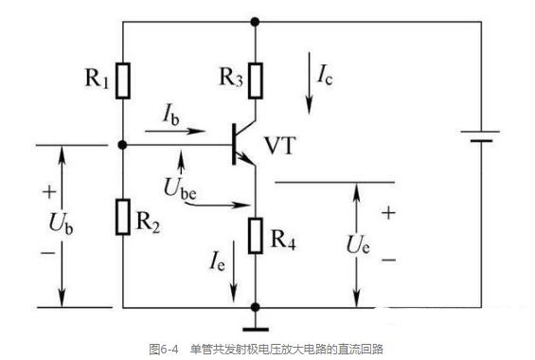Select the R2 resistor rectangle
click(x=123, y=215)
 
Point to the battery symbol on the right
click(x=482, y=136)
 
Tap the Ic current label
click(x=324, y=72)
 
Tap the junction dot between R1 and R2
click(x=123, y=146)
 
